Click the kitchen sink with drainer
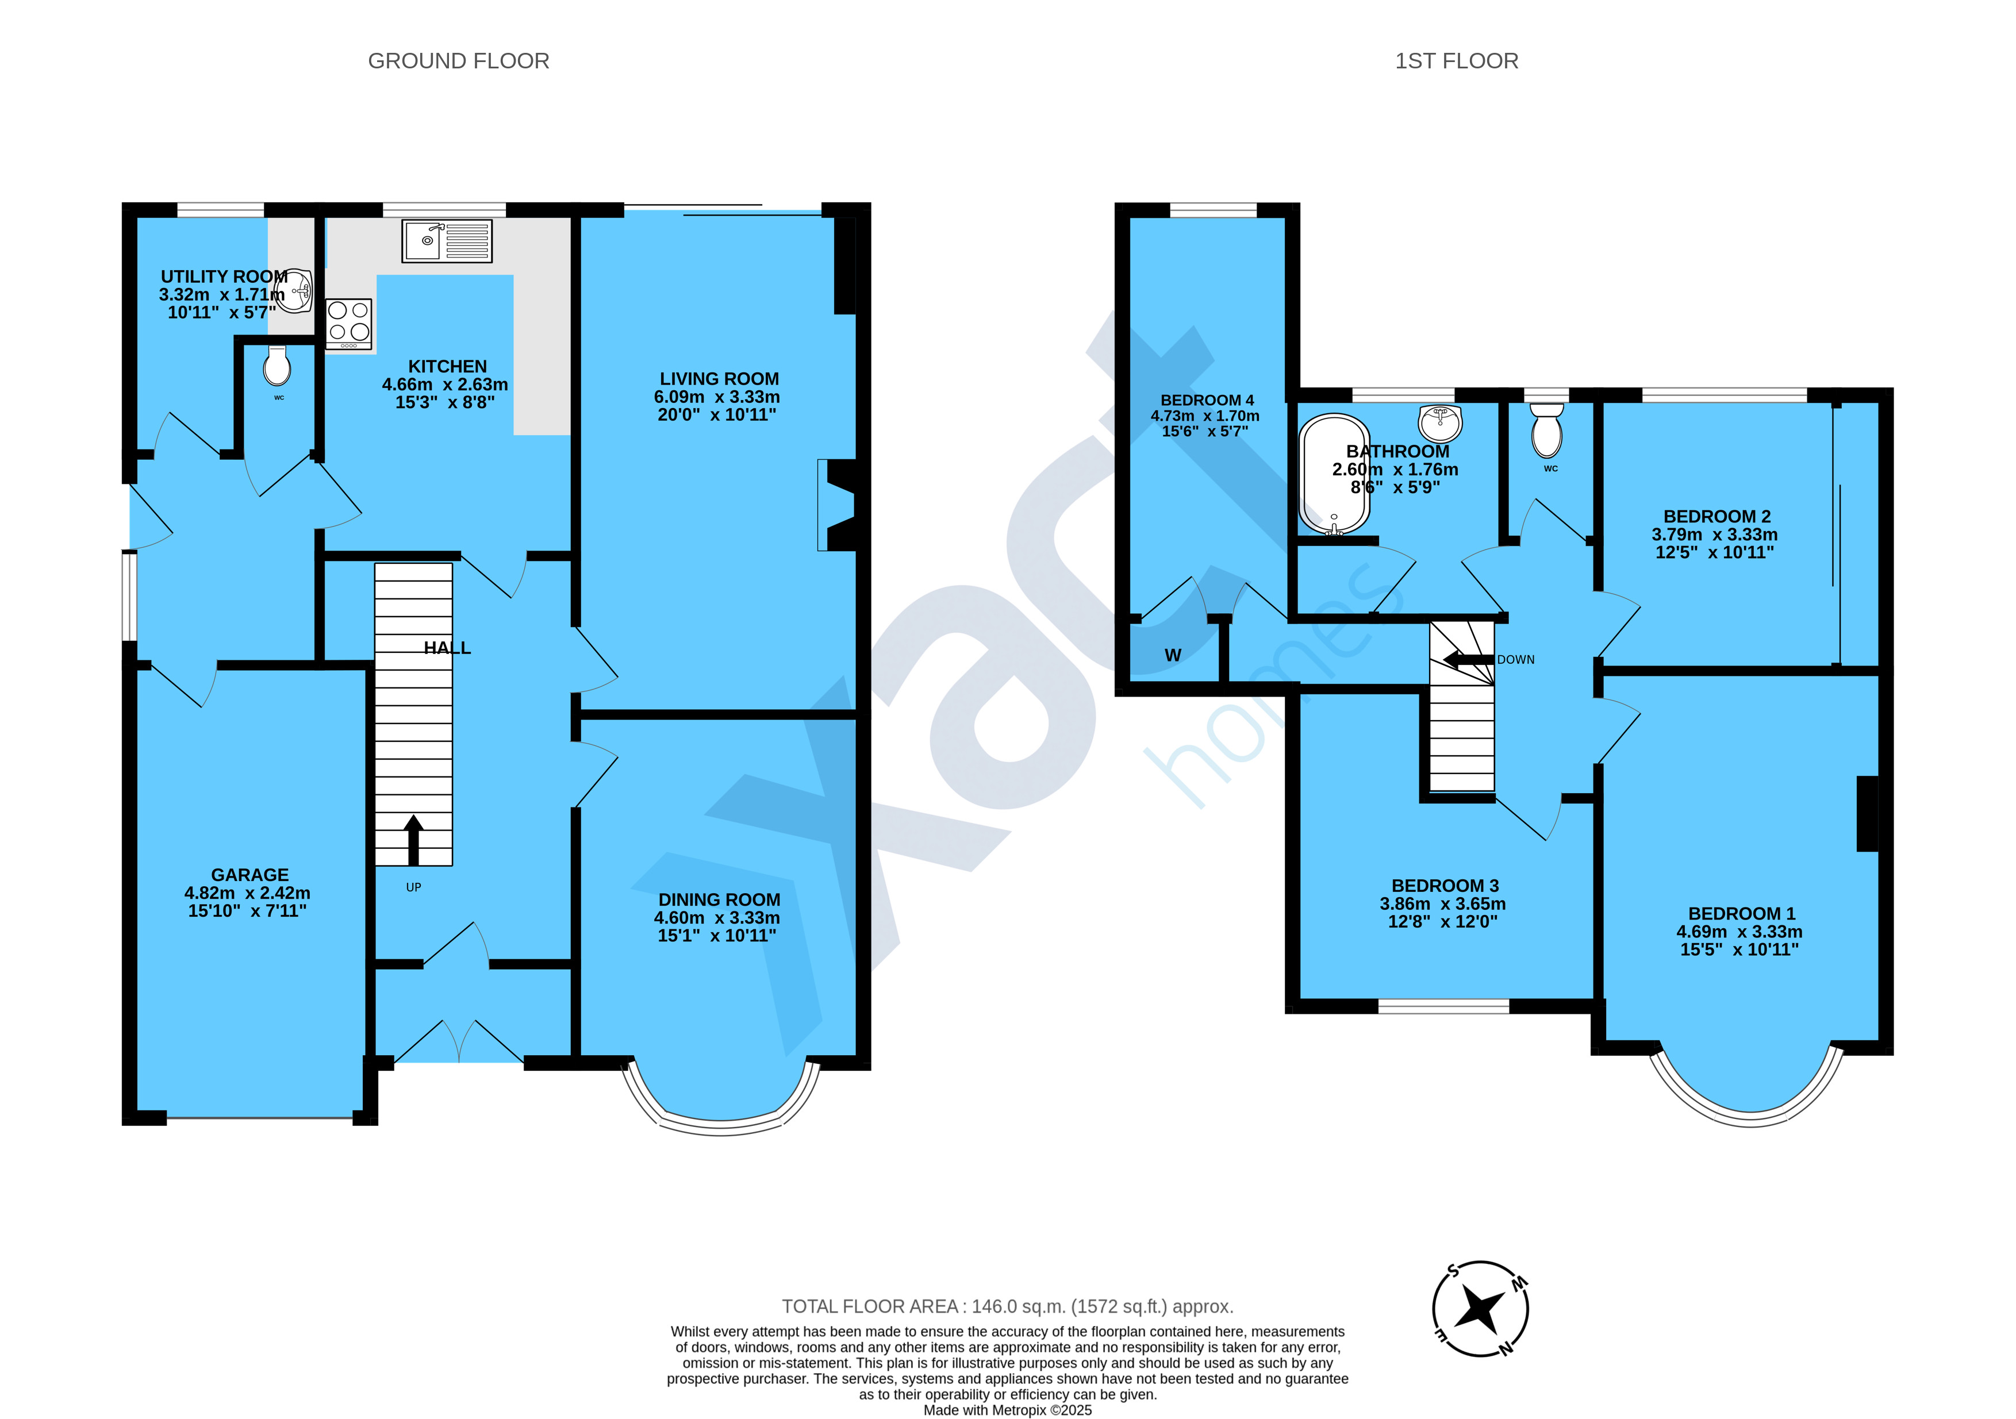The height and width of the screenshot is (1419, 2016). point(447,241)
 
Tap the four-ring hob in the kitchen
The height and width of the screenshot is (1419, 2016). point(348,323)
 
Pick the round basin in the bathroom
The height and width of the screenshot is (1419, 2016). point(1440,423)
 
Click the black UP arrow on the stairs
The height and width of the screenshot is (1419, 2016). point(413,840)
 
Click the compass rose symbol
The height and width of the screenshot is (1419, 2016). point(1480,1309)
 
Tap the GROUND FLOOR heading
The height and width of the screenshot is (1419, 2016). point(458,60)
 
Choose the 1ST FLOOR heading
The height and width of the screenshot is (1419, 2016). point(1457,60)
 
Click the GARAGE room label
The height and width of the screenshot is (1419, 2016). point(249,875)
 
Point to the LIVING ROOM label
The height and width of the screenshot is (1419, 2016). point(719,379)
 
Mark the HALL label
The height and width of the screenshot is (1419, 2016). point(447,648)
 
